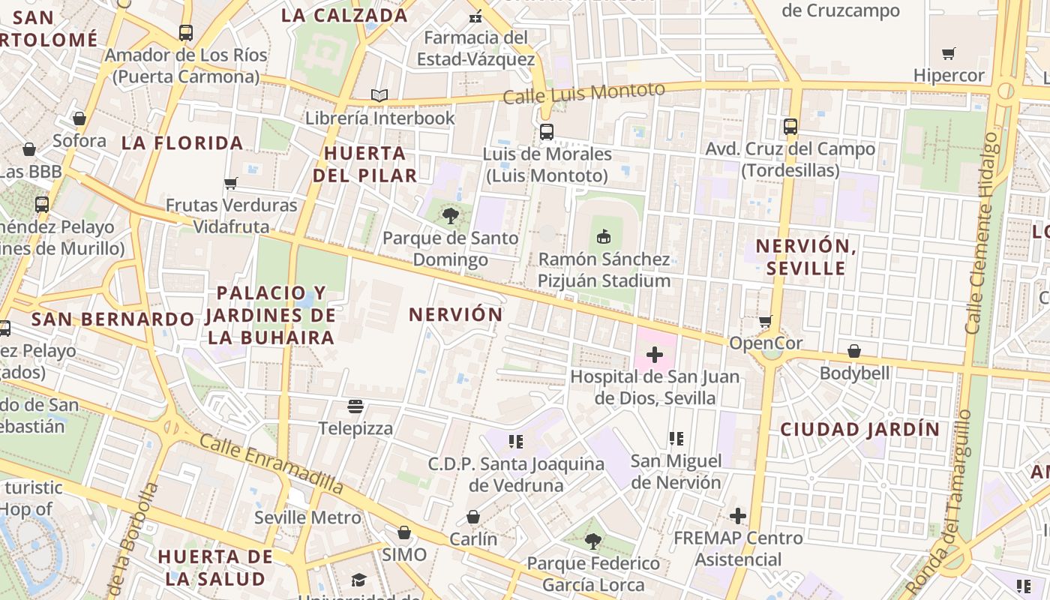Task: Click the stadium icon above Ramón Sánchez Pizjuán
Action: [603, 237]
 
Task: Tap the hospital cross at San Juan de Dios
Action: [655, 354]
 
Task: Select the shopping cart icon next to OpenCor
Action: [765, 322]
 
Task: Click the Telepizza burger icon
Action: [355, 406]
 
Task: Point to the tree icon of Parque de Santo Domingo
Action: [450, 217]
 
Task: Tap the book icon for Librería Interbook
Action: [379, 96]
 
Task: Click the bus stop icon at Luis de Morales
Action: [547, 132]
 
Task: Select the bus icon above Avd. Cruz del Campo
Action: [790, 127]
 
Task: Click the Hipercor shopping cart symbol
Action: [948, 53]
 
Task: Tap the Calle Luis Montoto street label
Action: [583, 94]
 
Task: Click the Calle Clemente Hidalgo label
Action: [982, 232]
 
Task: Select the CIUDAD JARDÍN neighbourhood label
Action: [859, 430]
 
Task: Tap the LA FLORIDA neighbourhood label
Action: [182, 143]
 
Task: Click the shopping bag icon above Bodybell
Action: [853, 351]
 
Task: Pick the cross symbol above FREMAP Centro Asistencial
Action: [738, 516]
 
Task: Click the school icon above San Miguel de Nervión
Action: [676, 438]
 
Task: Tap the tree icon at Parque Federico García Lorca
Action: [593, 541]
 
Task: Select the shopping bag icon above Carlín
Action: [473, 517]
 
